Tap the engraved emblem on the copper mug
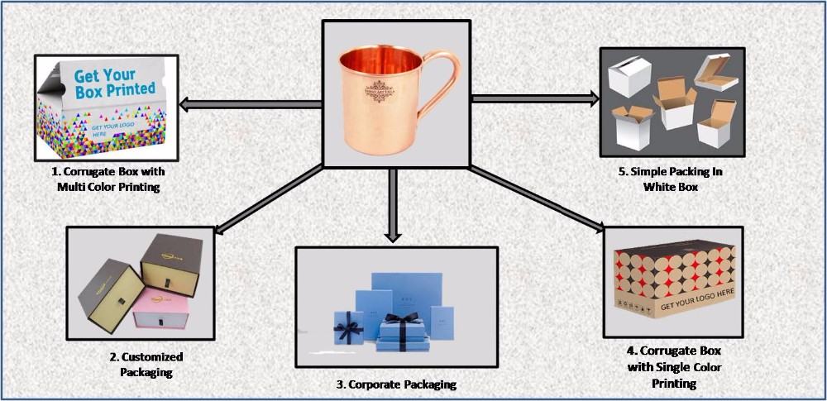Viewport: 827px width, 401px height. (x=381, y=90)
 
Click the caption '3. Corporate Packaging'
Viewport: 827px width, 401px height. (x=397, y=384)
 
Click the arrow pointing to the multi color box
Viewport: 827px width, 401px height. (x=248, y=103)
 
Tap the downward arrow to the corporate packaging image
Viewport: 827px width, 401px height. (x=394, y=207)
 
